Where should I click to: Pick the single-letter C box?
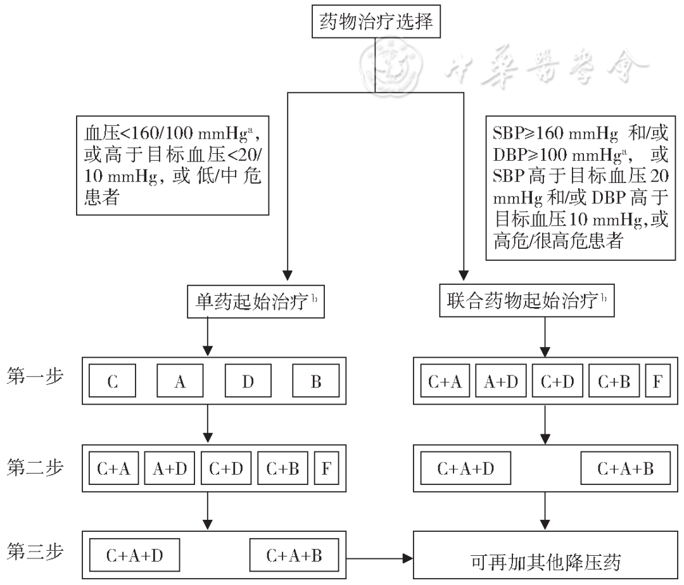113,382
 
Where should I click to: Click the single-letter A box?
180,382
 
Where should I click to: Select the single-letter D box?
248,382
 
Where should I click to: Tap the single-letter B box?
315,382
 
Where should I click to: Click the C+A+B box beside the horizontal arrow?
294,556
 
